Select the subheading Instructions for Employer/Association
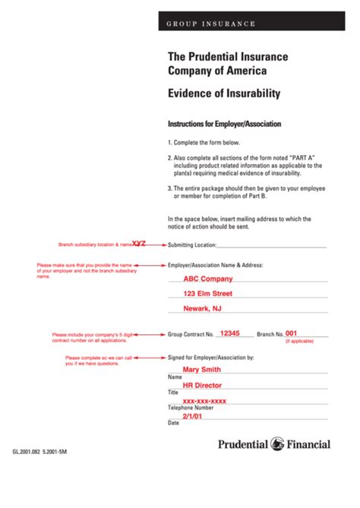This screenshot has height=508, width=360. [x=224, y=123]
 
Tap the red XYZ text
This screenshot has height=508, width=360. [x=139, y=244]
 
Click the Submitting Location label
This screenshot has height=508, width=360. [x=191, y=245]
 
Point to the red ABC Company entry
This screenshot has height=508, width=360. [x=206, y=279]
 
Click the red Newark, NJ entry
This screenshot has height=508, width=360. [x=203, y=308]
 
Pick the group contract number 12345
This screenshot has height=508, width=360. [x=229, y=333]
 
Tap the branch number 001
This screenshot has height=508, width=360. [x=292, y=333]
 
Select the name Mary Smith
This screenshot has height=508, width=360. [x=202, y=370]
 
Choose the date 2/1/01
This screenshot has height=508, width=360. [x=191, y=416]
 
